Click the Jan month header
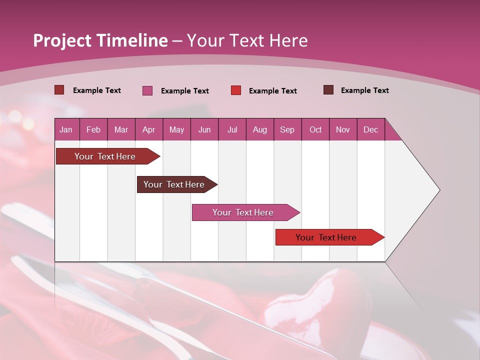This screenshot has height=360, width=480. pyautogui.click(x=66, y=129)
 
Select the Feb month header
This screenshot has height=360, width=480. pyautogui.click(x=93, y=129)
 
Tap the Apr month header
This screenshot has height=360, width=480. pyautogui.click(x=148, y=129)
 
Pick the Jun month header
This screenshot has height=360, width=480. pyautogui.click(x=204, y=129)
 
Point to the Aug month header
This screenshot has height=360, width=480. pyautogui.click(x=259, y=129)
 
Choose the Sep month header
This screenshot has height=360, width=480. pyautogui.click(x=287, y=129)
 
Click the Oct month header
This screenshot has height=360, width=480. pyautogui.click(x=315, y=129)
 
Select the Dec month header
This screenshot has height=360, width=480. pyautogui.click(x=370, y=129)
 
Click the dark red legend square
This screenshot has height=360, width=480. pyautogui.click(x=59, y=90)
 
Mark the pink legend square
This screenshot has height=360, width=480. pyautogui.click(x=147, y=90)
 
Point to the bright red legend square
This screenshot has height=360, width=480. pyautogui.click(x=236, y=90)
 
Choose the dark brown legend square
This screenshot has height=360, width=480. pyautogui.click(x=328, y=90)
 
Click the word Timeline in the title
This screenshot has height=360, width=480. pyautogui.click(x=132, y=40)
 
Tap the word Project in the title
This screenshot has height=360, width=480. pyautogui.click(x=62, y=40)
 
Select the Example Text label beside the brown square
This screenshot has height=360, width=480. pyautogui.click(x=364, y=90)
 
